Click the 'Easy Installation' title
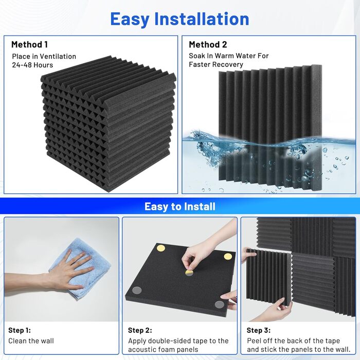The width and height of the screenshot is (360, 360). click(x=179, y=20)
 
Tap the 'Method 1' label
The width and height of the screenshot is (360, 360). click(x=30, y=45)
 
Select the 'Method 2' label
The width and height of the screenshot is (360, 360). click(x=208, y=45)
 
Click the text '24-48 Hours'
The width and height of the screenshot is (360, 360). click(x=32, y=65)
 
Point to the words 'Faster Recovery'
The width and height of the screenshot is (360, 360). click(x=216, y=64)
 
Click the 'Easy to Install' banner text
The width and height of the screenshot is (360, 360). click(x=180, y=206)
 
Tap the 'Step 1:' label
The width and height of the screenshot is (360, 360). click(x=20, y=330)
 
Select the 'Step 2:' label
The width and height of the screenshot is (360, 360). click(x=140, y=330)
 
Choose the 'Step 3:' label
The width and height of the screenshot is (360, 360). click(x=259, y=330)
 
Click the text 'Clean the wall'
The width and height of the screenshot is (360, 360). click(x=31, y=341)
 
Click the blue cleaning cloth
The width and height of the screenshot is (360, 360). click(x=80, y=268)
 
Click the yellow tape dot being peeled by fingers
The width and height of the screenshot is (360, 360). click(x=189, y=273)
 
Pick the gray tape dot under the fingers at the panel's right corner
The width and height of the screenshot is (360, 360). click(x=220, y=304)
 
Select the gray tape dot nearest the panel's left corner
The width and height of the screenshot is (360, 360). click(x=137, y=291)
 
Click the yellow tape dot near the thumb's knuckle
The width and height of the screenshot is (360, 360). click(x=228, y=257)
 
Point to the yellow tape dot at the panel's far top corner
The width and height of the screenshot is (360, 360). click(x=160, y=248)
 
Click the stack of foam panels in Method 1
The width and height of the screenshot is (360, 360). click(x=108, y=124)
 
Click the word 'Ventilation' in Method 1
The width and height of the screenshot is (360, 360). click(x=58, y=57)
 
